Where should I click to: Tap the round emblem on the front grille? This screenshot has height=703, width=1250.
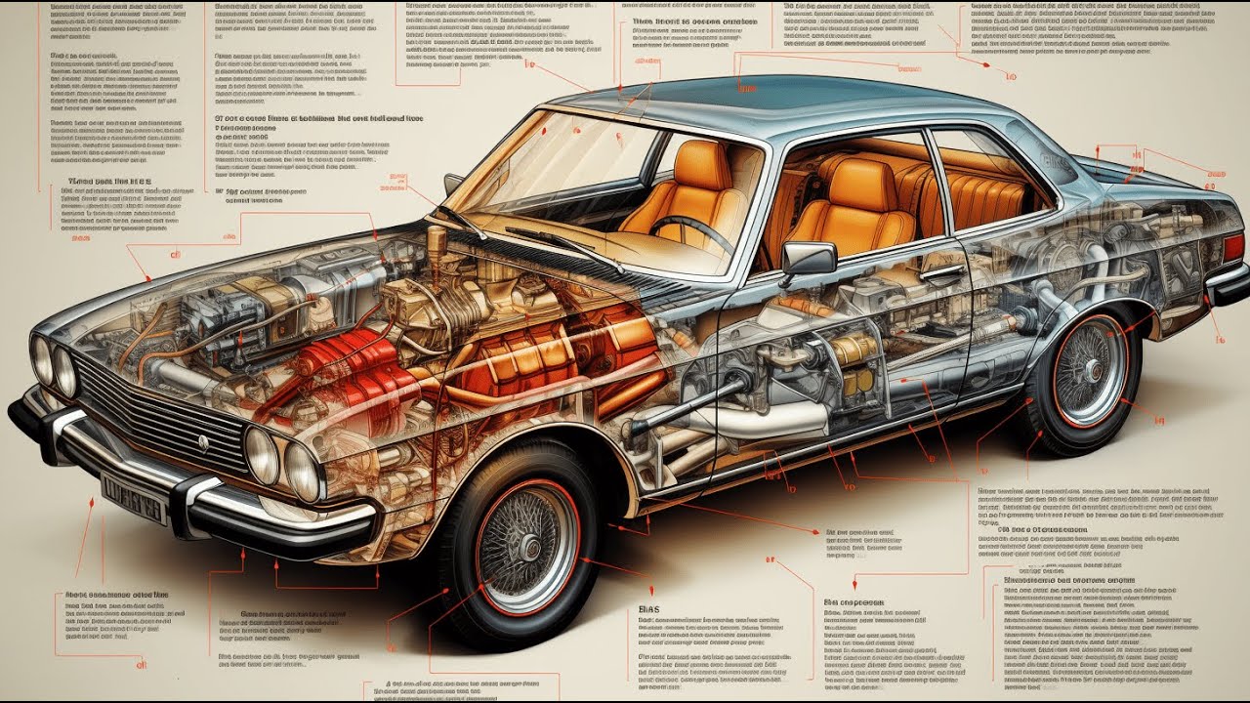coord(204,442)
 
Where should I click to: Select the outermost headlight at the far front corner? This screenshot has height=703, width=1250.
coord(42,359)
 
